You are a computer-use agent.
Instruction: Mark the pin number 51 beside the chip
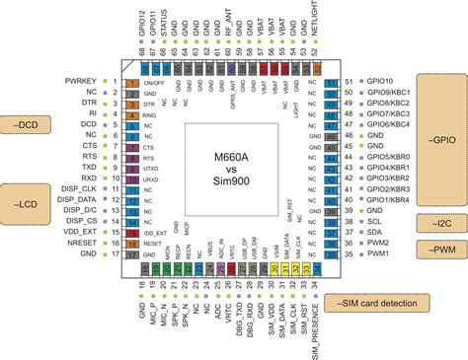[x=348, y=81]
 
